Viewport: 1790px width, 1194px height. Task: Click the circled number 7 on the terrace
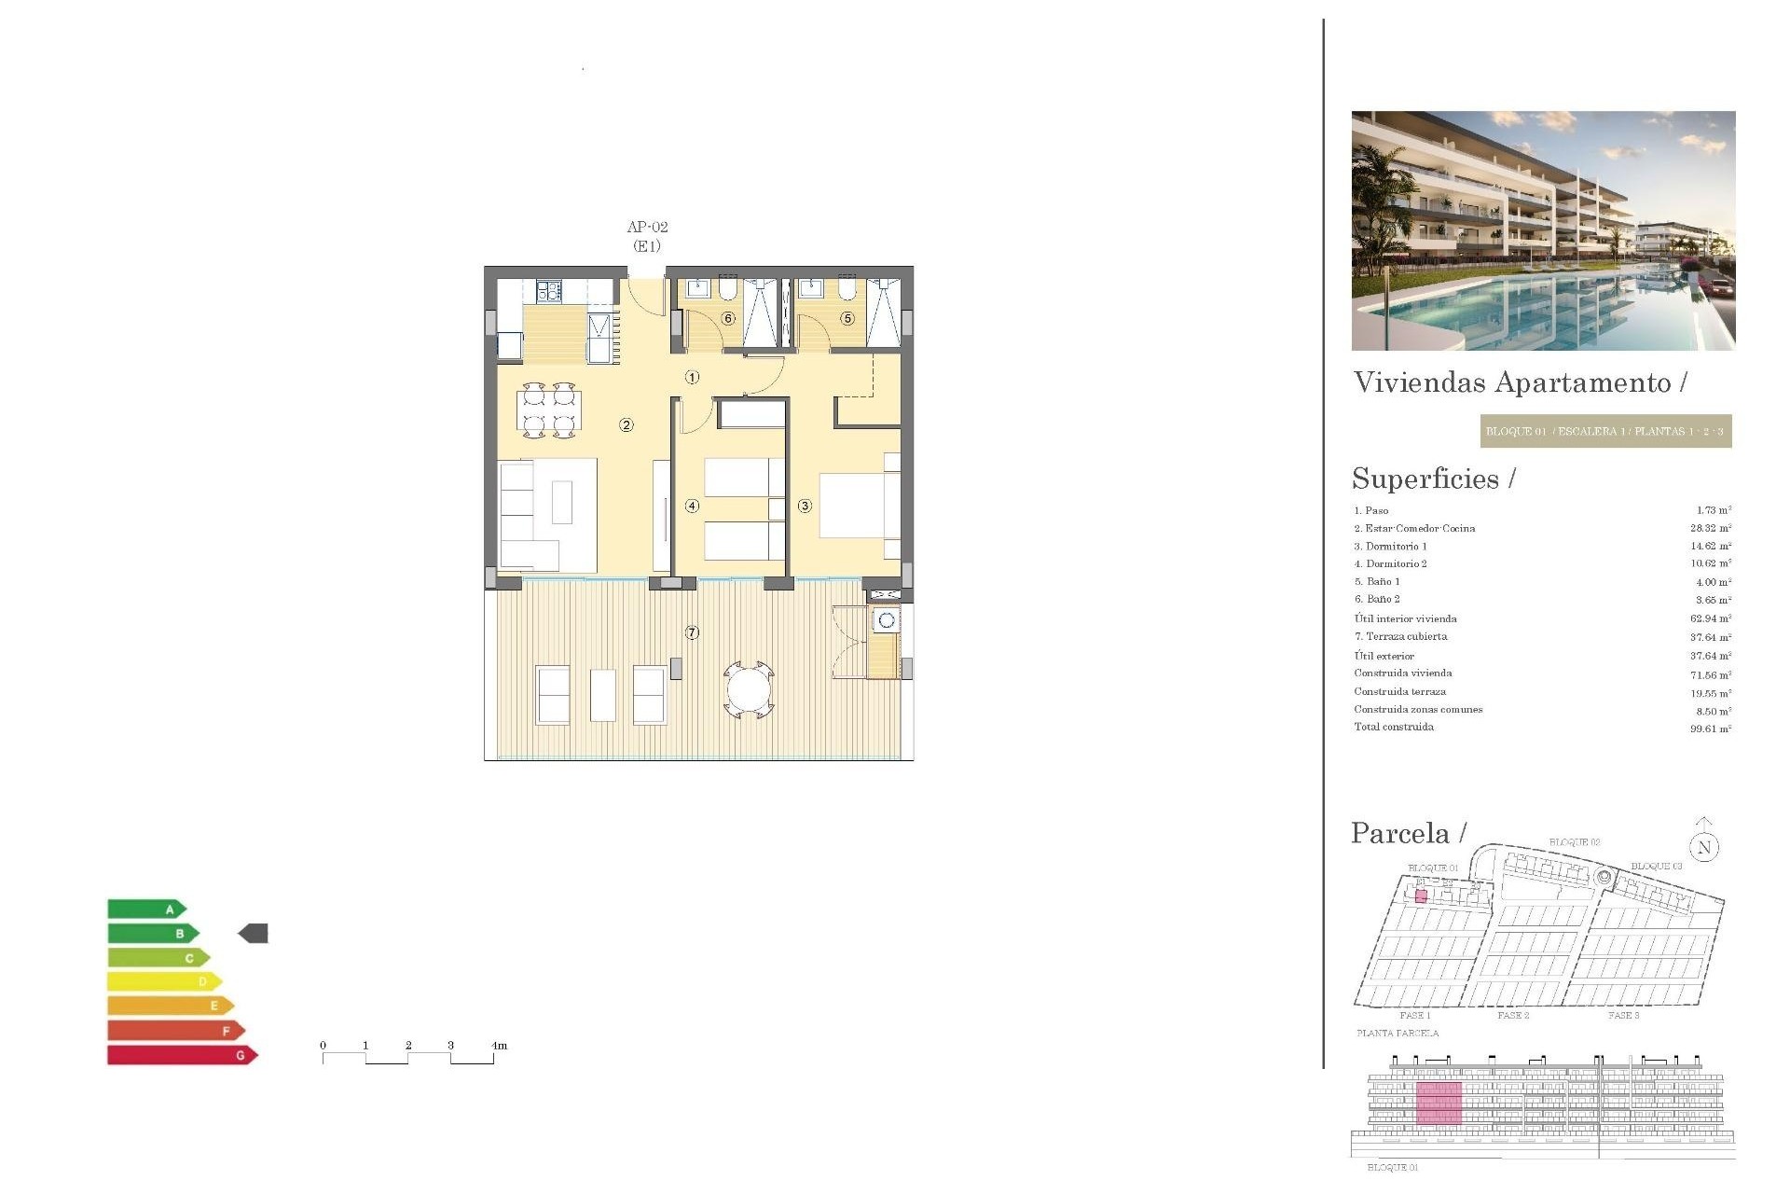(692, 632)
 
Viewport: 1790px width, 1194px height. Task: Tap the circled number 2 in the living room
(626, 425)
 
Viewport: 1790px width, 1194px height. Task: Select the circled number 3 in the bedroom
(805, 506)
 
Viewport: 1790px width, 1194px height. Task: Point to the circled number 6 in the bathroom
(728, 318)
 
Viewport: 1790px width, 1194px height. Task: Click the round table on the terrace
(749, 691)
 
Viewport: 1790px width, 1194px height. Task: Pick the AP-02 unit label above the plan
(647, 227)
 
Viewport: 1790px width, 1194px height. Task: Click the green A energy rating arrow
(146, 909)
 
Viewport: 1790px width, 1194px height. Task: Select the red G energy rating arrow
(182, 1055)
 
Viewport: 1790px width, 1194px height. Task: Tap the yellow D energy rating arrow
(164, 981)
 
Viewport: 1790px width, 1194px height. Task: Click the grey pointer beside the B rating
(254, 933)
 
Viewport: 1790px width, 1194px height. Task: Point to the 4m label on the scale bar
(500, 1046)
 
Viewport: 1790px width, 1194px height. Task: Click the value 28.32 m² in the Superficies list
(1711, 528)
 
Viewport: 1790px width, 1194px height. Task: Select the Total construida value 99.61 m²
(1711, 729)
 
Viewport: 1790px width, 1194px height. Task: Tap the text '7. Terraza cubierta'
(1401, 636)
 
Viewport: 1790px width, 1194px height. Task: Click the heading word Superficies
(1425, 479)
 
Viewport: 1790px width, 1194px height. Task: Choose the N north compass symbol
(1704, 847)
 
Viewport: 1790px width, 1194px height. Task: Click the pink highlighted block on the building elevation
(1439, 1104)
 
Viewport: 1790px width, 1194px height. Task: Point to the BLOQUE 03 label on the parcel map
(1656, 867)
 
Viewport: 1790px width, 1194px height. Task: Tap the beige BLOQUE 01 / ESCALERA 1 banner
(1605, 431)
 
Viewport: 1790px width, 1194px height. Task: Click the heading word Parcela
(1400, 833)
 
